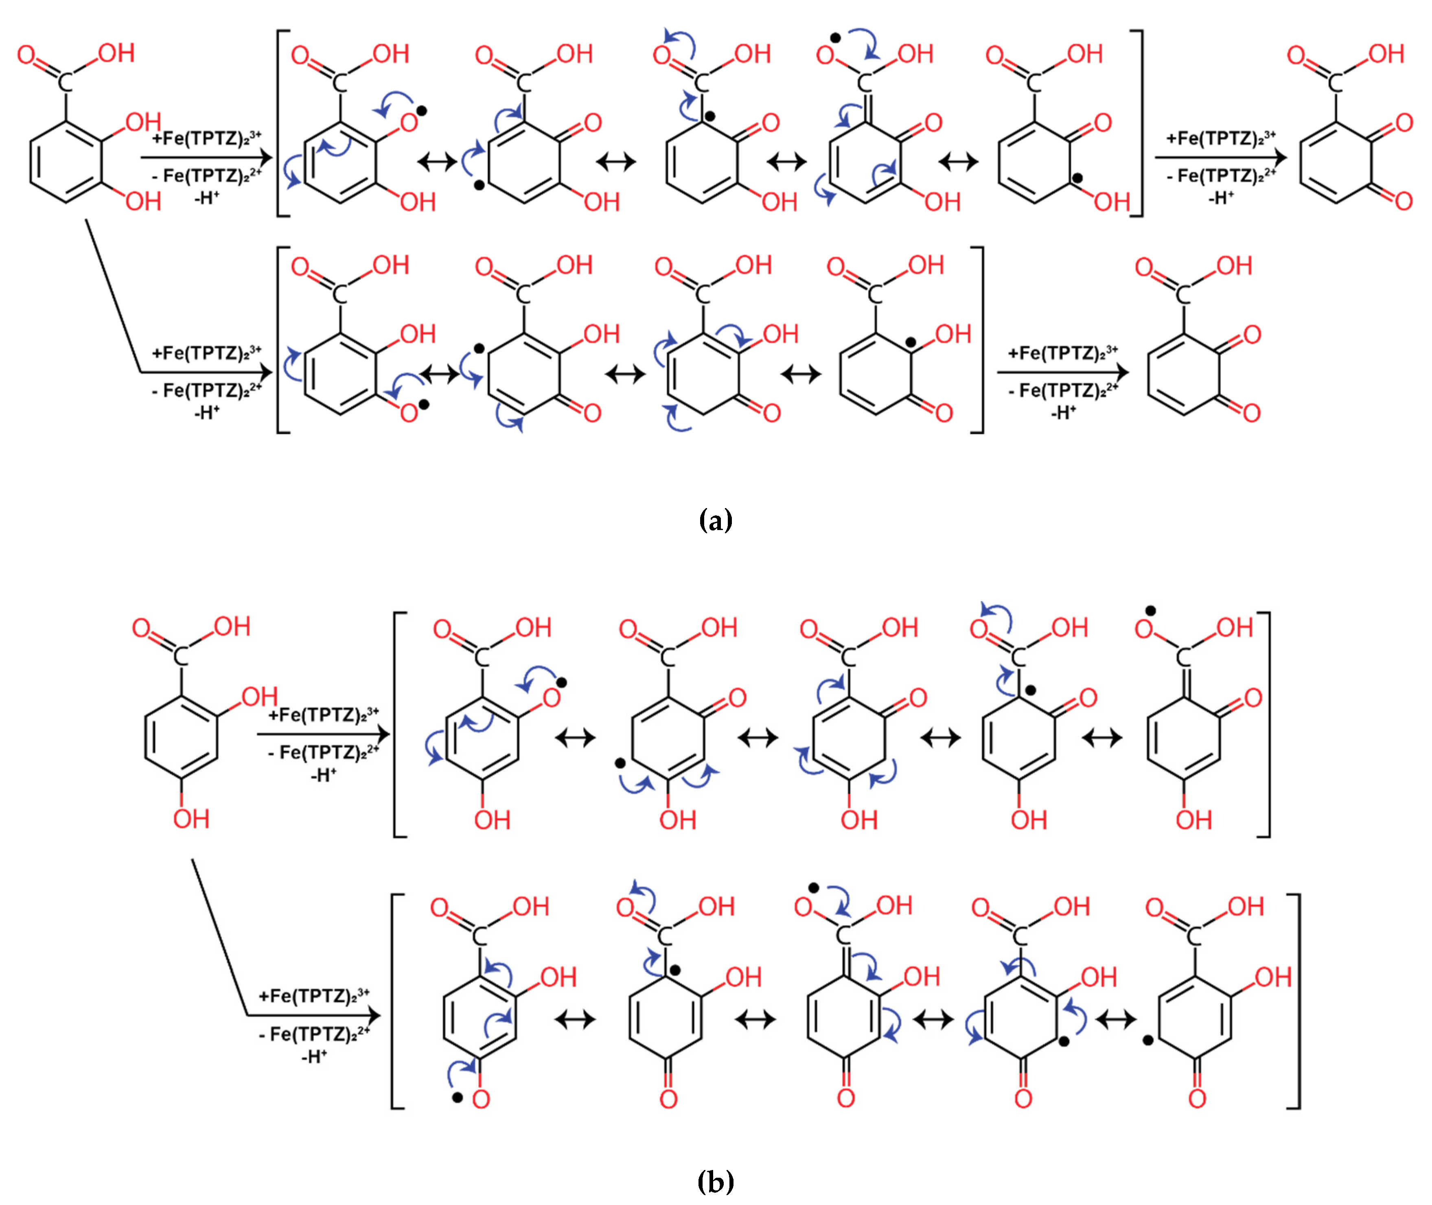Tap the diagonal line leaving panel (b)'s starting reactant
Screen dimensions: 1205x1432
[x=219, y=936]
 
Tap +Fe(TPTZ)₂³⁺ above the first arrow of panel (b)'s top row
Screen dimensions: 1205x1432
[x=324, y=714]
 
